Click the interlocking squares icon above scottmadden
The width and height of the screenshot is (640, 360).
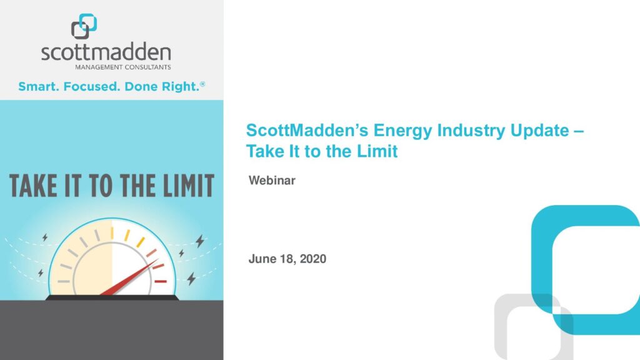click(84, 26)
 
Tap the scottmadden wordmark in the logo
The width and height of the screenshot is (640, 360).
click(106, 52)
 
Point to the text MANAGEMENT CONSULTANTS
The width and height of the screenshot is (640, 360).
click(123, 67)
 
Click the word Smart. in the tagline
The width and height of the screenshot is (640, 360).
click(39, 86)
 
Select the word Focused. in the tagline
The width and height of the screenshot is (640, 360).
click(92, 86)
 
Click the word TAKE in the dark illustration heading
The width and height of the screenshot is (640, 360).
click(33, 186)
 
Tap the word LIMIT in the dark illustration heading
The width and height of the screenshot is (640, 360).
click(189, 186)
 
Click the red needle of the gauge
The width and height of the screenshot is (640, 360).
click(129, 277)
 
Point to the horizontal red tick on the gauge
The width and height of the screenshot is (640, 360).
click(161, 281)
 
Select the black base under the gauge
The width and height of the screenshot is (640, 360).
click(112, 298)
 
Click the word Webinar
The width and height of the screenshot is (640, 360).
click(272, 181)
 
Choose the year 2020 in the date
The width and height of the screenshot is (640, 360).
click(313, 259)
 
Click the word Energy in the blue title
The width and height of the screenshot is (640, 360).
click(403, 131)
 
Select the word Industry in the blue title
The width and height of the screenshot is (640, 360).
click(471, 131)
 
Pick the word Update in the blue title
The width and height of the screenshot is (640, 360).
click(539, 131)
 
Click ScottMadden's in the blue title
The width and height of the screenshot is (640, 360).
click(307, 131)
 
